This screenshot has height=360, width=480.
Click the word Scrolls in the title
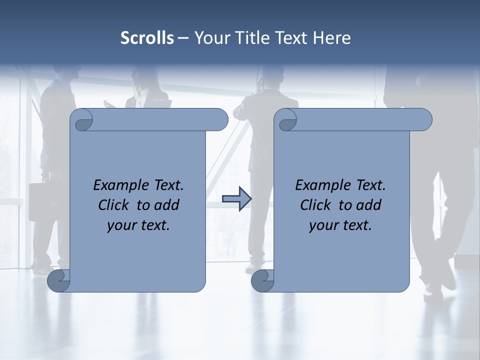(x=147, y=37)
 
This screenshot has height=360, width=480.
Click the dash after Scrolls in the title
(x=183, y=38)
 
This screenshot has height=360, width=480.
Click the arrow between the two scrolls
(x=236, y=199)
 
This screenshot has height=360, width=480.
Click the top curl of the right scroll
(x=287, y=121)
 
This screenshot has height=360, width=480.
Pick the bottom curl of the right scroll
(x=262, y=280)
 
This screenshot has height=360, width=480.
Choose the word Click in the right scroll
(x=315, y=205)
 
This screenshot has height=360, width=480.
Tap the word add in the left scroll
(x=167, y=205)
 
